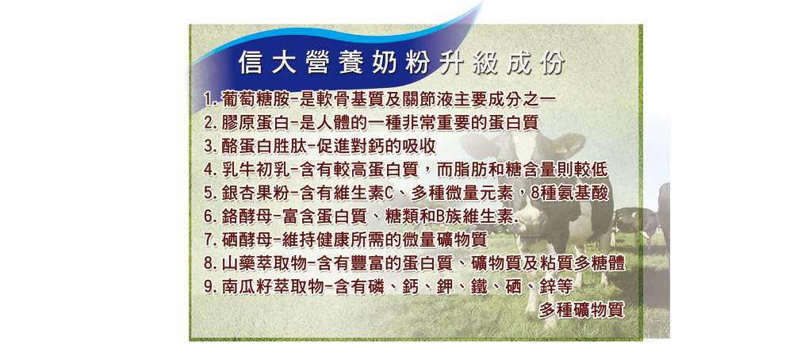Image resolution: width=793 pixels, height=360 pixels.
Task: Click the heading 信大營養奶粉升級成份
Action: tap(401, 63)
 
